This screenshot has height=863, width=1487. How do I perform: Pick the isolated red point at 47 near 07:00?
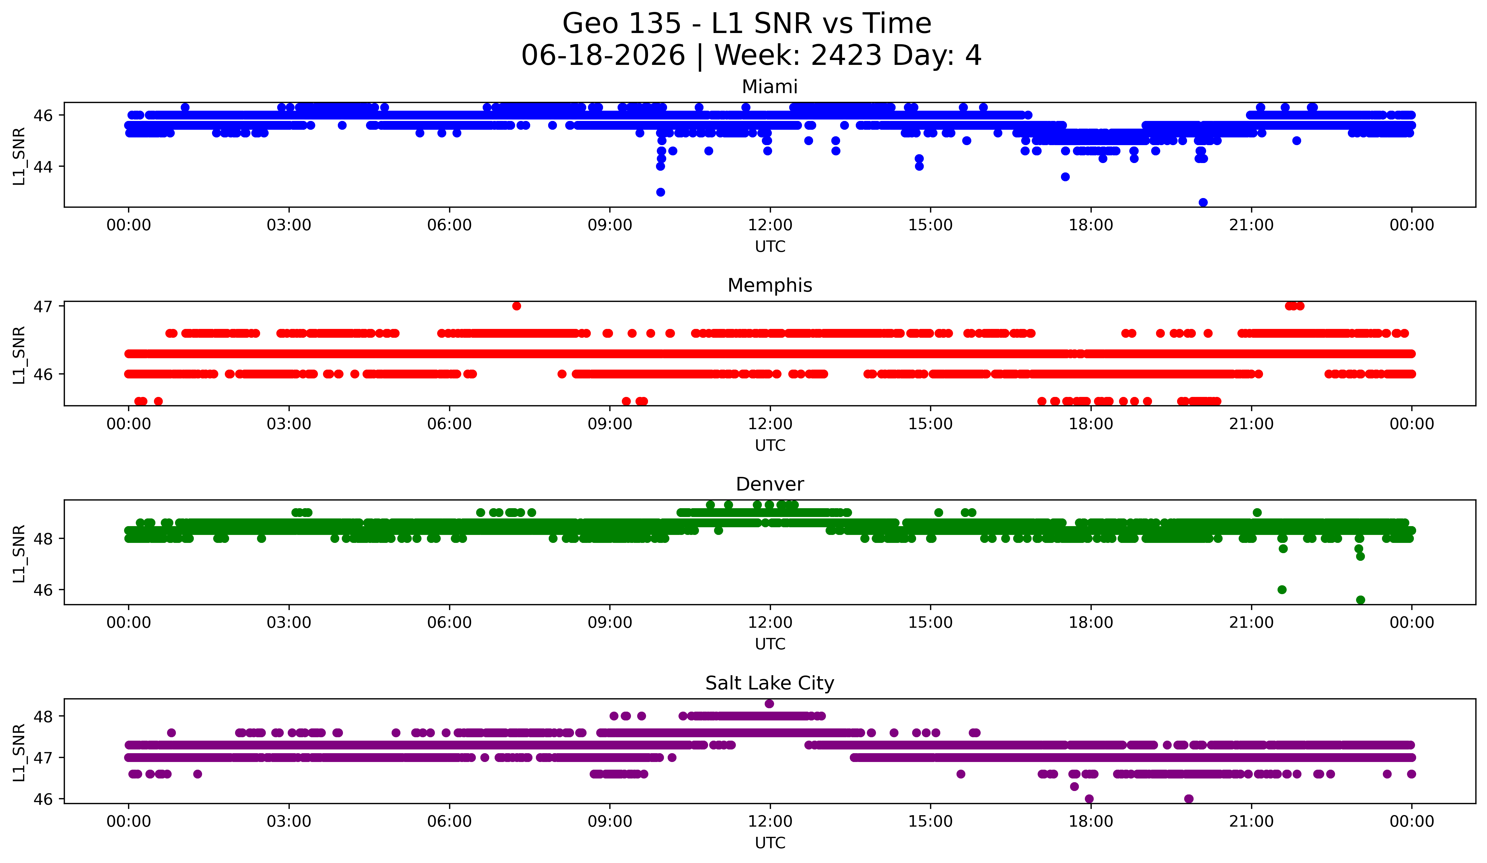coord(516,306)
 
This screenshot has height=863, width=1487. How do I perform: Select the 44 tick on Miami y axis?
coord(42,167)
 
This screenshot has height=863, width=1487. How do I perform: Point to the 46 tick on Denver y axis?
coord(42,590)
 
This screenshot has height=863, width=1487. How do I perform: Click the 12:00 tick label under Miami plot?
coord(770,225)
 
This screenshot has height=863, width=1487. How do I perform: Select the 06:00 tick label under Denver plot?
coord(450,623)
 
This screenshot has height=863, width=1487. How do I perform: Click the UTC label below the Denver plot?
coord(770,644)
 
